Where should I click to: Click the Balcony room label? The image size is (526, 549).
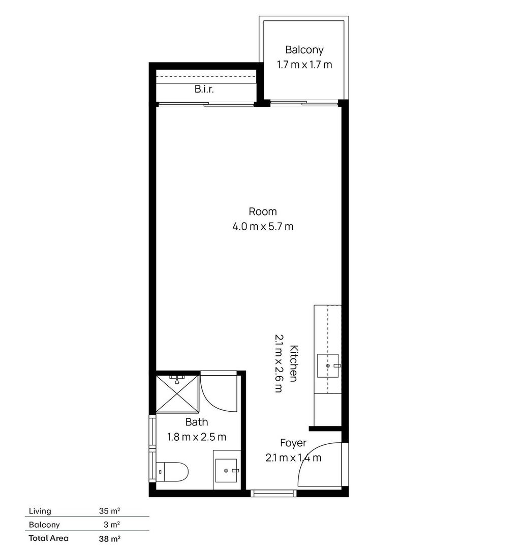[304, 50]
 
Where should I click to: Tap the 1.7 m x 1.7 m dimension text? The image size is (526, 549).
[304, 65]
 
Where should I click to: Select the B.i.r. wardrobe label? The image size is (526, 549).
[204, 89]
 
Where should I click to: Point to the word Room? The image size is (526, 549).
[263, 211]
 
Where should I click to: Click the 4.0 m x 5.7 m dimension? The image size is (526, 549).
[263, 227]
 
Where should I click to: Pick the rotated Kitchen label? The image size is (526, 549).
[293, 363]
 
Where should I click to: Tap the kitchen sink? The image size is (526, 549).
[328, 365]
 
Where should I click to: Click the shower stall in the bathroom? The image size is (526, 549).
[177, 393]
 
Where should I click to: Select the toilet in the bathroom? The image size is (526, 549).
[172, 472]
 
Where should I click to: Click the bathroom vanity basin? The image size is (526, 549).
[226, 471]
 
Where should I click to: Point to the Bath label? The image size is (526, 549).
[197, 422]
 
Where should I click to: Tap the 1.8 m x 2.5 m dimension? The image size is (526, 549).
[197, 437]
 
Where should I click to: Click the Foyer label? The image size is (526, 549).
[293, 443]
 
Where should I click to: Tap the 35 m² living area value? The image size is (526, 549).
[110, 511]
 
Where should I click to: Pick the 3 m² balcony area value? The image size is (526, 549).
[112, 525]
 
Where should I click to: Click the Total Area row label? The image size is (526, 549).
[49, 538]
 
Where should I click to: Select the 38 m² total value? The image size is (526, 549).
[110, 538]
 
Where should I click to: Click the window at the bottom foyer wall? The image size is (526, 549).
[274, 493]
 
